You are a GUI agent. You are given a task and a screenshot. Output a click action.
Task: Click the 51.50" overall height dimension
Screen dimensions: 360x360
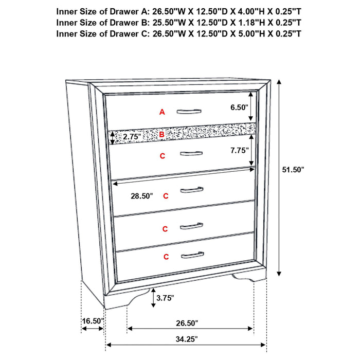[294, 169]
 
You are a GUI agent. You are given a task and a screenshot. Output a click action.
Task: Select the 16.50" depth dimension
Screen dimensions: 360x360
[93, 321]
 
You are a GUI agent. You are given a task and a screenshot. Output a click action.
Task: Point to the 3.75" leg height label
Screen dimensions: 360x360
[166, 297]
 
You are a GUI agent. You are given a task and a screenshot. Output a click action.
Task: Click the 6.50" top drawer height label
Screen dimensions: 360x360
[239, 107]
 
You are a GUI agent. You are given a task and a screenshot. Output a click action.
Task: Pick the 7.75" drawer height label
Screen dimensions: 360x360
[239, 150]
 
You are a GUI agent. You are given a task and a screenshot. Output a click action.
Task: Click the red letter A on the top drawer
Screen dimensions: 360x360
[162, 112]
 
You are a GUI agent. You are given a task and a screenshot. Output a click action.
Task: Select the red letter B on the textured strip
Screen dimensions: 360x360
[162, 135]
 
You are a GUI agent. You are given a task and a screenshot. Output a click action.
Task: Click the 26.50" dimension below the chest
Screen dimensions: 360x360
[186, 323]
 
